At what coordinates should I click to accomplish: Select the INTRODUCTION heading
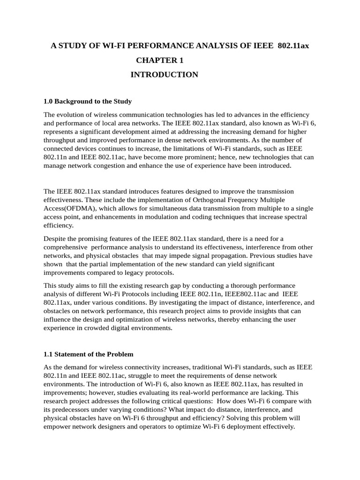click(x=164, y=75)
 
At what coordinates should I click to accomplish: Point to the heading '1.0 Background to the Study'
click(x=88, y=101)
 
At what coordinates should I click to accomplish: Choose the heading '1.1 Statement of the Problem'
click(x=89, y=354)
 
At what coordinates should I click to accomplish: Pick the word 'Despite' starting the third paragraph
click(x=55, y=239)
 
